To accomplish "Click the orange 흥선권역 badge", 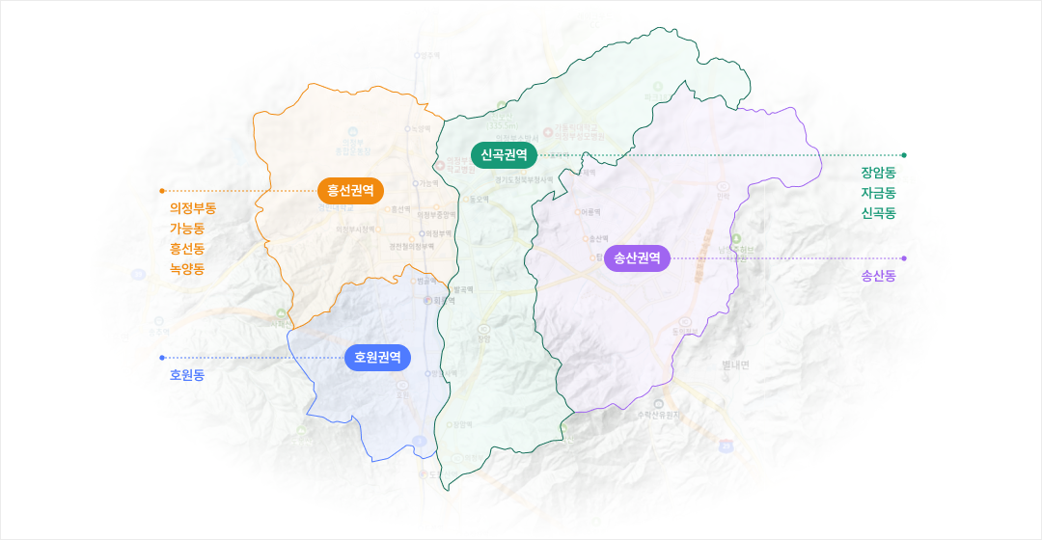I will pos(350,190).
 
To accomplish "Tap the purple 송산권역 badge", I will pos(637,258).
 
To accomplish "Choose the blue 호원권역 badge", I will pos(377,358).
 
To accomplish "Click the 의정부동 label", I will pos(193,209).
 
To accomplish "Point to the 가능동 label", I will pos(187,229).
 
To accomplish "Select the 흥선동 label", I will pos(187,249).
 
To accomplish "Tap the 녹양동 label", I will pos(187,269).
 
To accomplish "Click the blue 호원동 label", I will pos(187,375).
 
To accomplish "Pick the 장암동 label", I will pos(879,174).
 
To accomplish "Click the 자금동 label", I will pos(879,193).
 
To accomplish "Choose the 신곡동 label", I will pos(879,212).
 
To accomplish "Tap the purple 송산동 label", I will pos(879,277).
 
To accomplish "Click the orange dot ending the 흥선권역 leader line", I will pos(162,191).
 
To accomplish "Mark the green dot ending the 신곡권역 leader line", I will pos(904,154).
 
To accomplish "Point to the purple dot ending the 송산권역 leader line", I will pos(904,258).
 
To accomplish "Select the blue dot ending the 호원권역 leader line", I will pos(162,358).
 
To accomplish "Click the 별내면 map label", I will pos(741,365).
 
